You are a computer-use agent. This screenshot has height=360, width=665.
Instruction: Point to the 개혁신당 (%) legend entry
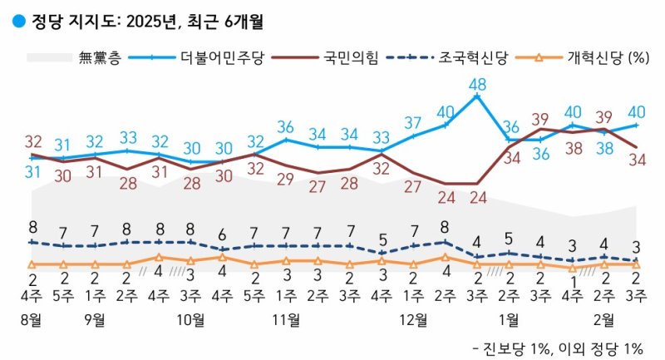tap(608, 58)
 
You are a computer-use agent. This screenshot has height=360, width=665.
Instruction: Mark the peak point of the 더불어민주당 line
tap(477, 96)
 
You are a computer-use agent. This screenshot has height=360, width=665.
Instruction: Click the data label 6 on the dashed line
tap(223, 234)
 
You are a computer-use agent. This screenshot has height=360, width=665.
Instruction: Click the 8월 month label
tap(32, 319)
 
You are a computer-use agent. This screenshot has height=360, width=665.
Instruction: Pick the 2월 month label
tap(604, 319)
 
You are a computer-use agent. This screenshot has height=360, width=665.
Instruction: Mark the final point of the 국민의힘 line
tap(636, 147)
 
